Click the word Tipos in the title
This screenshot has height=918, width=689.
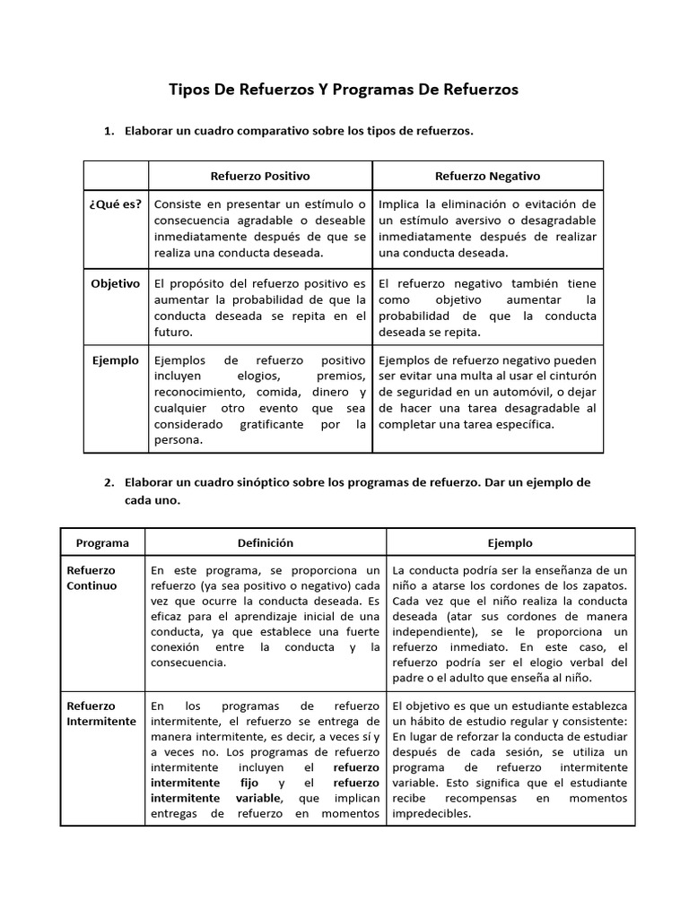coord(189,90)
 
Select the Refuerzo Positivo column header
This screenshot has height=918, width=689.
coord(259,176)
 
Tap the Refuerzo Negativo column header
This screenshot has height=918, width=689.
coord(487,176)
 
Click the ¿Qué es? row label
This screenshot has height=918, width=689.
coord(115,204)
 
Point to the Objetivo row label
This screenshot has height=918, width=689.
coord(116,283)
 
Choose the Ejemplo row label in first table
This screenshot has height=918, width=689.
coord(116,360)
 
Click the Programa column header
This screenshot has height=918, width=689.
coord(102,542)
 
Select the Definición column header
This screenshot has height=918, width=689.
coord(265,542)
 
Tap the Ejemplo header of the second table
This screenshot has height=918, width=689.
coord(510,542)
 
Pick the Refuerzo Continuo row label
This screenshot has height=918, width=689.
coord(92,578)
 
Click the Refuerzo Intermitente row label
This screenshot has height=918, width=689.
coord(101,714)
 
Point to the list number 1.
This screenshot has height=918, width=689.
coord(109,132)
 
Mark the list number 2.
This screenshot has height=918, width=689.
coord(109,482)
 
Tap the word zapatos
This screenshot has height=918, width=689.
coord(606,586)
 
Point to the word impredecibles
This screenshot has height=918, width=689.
coord(435,814)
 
